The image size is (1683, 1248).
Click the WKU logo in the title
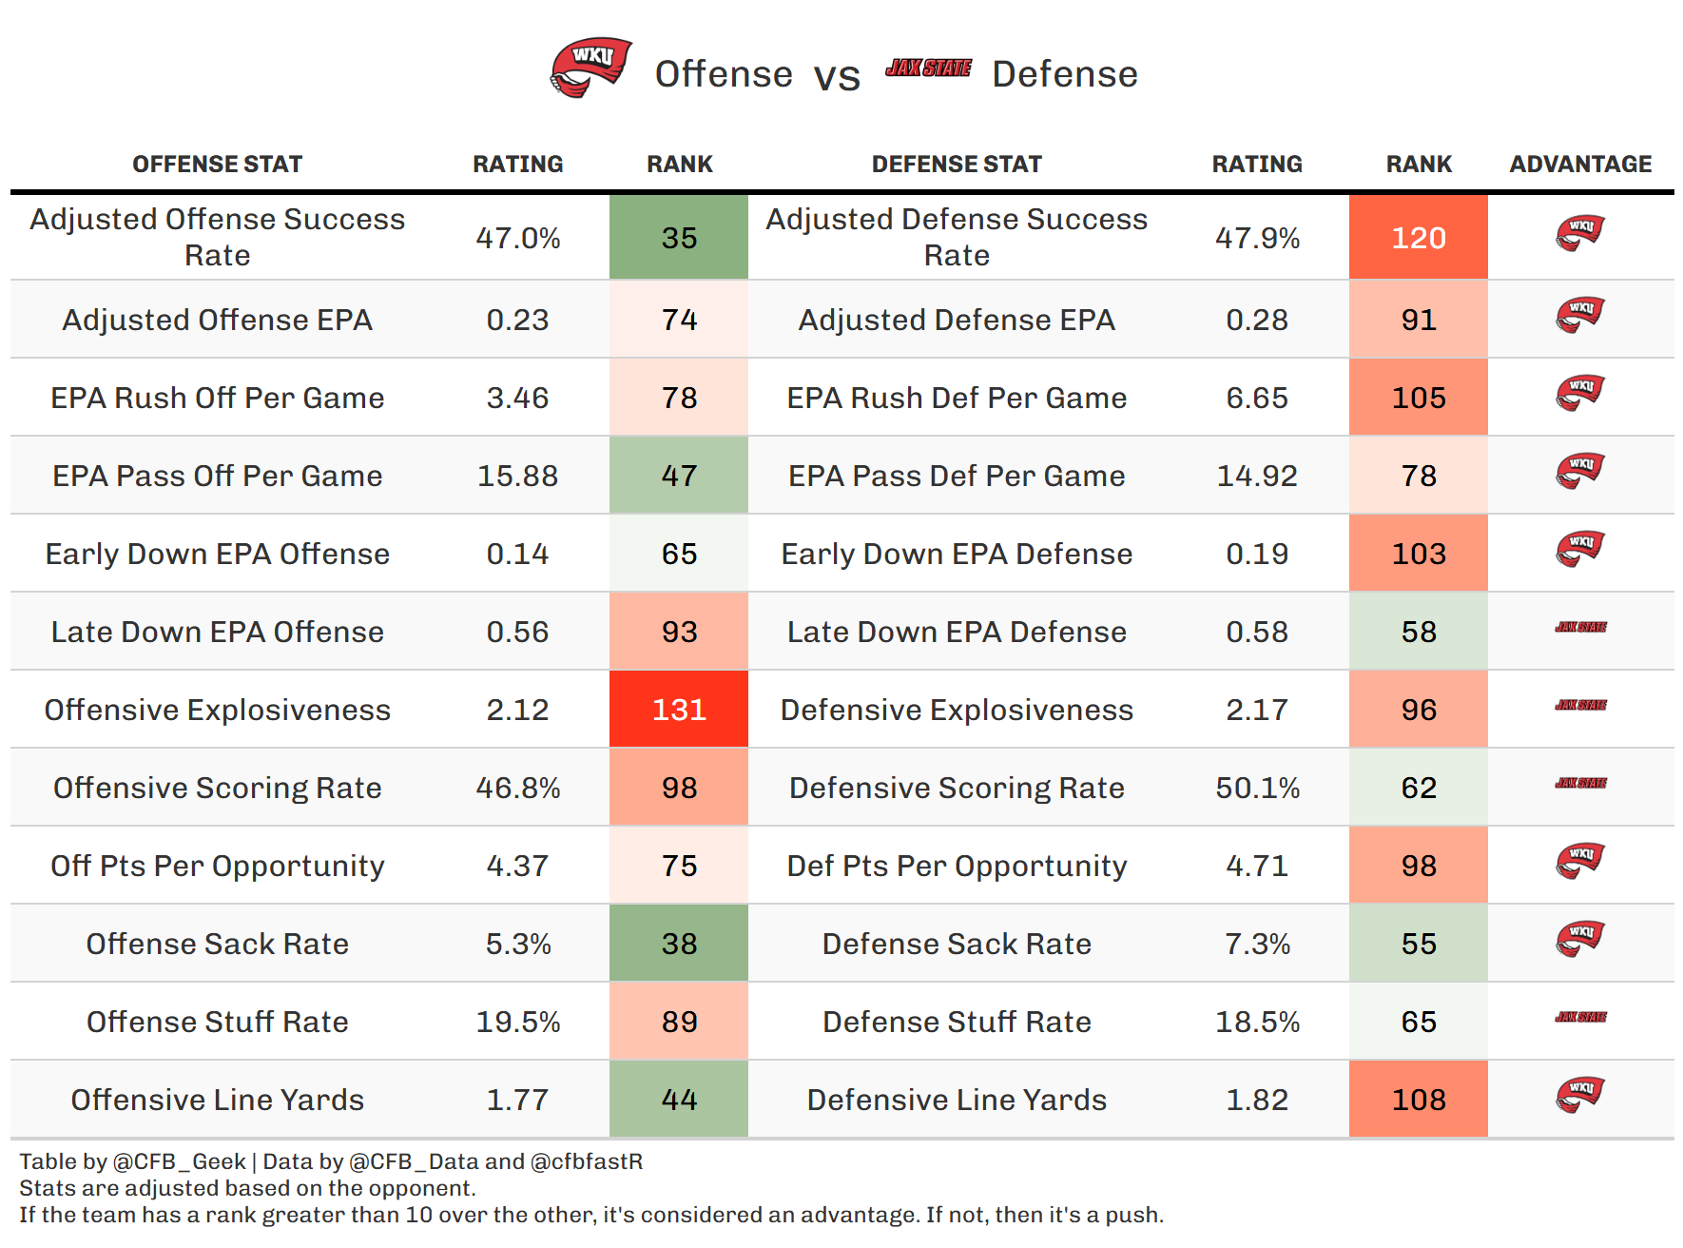coord(590,68)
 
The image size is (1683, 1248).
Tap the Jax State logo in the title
coord(928,68)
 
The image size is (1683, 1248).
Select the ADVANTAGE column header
coord(1580,165)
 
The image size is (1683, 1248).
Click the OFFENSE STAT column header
coord(217,165)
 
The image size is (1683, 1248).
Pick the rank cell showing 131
coord(679,710)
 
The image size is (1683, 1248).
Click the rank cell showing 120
coord(1418,238)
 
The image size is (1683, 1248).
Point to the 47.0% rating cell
coord(518,238)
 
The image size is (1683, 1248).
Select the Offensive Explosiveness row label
coord(217,710)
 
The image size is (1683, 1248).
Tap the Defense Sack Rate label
coord(957,944)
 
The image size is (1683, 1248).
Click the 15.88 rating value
coord(518,476)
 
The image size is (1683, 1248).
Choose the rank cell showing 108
coord(1418,1100)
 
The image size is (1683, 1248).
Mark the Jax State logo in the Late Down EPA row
coord(1580,628)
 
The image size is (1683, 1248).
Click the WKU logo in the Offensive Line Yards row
coord(1580,1094)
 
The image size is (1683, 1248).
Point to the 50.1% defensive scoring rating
coord(1257,788)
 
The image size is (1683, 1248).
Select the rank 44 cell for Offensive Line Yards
coord(679,1100)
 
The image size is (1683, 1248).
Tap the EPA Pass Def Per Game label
coord(957,476)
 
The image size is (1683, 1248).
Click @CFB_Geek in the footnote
coord(180,1162)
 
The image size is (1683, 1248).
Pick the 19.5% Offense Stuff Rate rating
coord(518,1022)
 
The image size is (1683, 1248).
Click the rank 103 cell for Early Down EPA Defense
coord(1418,554)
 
